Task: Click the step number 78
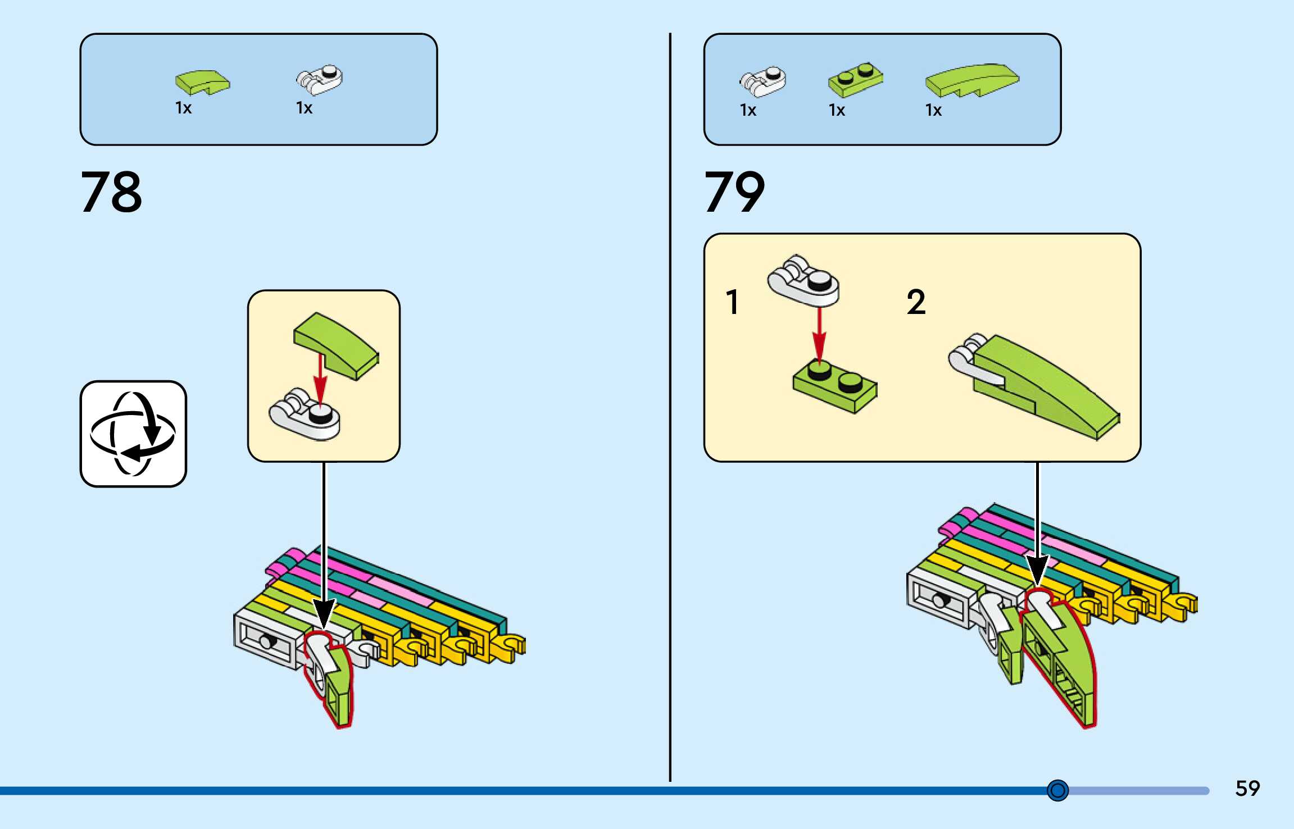(111, 192)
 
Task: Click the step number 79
(734, 192)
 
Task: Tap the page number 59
(1247, 789)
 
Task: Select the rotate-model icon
(133, 434)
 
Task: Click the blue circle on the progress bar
(1057, 790)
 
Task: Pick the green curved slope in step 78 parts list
(202, 82)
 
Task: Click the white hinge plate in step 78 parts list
(319, 80)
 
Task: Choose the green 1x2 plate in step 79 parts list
(855, 79)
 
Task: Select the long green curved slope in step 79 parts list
(971, 80)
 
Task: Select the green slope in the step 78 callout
(336, 345)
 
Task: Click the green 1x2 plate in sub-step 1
(835, 386)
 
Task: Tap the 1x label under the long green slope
(933, 110)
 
